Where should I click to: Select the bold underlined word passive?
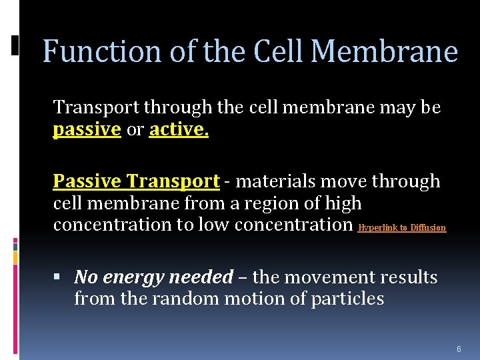click(87, 130)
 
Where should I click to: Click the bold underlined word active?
click(179, 130)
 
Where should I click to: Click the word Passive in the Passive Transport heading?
click(87, 181)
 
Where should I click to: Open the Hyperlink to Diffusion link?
click(401, 228)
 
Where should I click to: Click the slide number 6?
click(459, 349)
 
